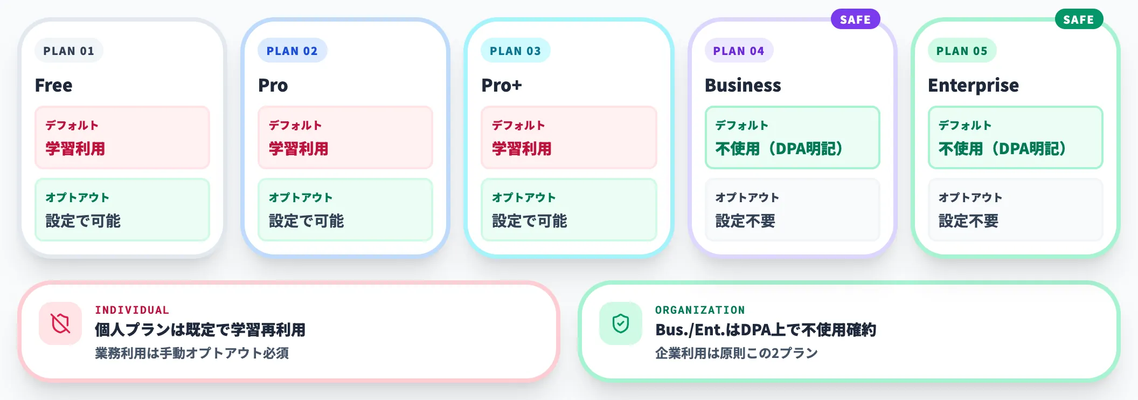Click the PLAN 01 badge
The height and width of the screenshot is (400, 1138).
pos(69,51)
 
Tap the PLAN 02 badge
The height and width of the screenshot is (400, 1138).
pos(292,51)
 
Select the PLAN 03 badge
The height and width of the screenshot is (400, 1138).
pos(515,51)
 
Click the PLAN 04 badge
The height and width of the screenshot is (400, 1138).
pos(739,51)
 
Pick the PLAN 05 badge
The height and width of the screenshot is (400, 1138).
pos(962,51)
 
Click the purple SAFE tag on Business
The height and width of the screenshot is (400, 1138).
pos(855,19)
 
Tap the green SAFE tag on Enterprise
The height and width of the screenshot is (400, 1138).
pos(1079,19)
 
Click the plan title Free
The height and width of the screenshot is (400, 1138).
pos(54,85)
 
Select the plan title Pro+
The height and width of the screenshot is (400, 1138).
pos(502,85)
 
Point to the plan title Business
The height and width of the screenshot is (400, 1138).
pos(743,85)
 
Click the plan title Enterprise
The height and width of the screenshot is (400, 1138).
pos(973,85)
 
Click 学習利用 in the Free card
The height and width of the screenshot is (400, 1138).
pos(75,148)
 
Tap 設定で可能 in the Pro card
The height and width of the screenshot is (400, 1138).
pos(306,220)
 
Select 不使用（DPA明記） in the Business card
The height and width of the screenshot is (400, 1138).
pos(779,148)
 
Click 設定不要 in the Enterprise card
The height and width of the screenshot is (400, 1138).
pos(968,220)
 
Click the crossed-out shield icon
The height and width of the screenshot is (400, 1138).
pos(60,323)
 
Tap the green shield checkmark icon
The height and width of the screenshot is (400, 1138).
pos(621,323)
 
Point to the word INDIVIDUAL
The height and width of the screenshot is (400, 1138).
pos(132,310)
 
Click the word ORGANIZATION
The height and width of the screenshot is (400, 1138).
pos(700,310)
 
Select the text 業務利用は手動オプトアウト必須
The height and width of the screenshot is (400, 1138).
pos(192,353)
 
